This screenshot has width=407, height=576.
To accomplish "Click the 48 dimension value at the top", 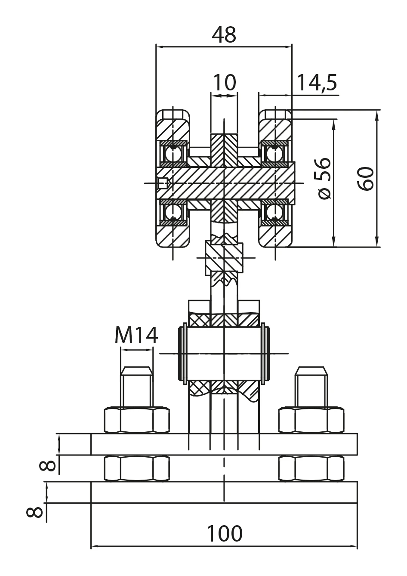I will [x=224, y=35].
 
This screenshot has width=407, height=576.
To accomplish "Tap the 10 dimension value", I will [x=225, y=82].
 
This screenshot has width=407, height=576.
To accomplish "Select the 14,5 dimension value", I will [x=317, y=82].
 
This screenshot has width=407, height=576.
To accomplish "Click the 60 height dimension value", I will [x=366, y=178].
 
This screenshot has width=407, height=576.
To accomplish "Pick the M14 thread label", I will [x=136, y=335].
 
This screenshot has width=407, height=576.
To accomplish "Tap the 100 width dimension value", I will [x=225, y=534].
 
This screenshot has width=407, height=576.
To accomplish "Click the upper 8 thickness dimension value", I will [x=47, y=465].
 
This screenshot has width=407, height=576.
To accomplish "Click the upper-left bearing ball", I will [x=173, y=153].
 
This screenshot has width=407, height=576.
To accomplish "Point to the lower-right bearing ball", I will [x=273, y=212].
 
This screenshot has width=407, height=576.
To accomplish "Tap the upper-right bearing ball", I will [x=273, y=153].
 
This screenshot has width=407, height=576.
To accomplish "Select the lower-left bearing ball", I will [x=173, y=212].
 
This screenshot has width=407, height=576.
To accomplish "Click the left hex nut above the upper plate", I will [x=137, y=420].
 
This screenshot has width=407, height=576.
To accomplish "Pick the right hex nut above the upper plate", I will [x=311, y=420].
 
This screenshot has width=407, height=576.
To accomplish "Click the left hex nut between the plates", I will [x=137, y=469].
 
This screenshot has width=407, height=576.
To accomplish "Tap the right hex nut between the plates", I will [x=311, y=469].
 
